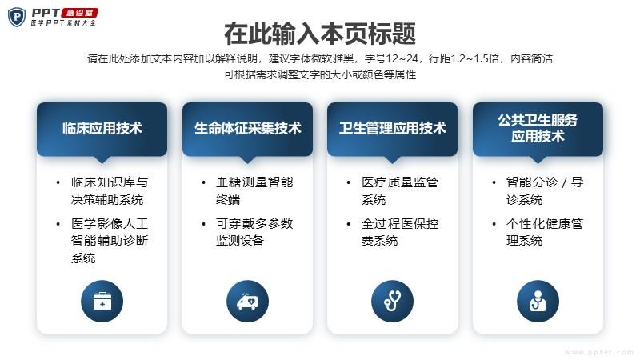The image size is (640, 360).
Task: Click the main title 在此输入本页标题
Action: point(320,34)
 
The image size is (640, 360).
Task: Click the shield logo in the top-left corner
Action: point(17,17)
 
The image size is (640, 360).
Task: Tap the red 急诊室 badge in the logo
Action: point(79,13)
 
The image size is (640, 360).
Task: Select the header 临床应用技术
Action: point(102,128)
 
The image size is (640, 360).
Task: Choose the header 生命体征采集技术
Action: point(247,128)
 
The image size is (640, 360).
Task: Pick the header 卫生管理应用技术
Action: point(392,128)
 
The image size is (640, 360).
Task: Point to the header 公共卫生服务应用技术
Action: point(538,128)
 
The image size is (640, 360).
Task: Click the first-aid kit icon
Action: point(102,302)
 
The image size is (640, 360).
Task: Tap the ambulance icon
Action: point(247,302)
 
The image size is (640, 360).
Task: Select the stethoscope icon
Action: point(392,302)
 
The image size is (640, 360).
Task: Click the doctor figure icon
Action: point(538,302)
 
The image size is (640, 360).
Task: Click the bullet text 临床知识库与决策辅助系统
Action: point(110,190)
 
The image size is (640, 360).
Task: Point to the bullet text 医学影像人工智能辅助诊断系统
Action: point(110,241)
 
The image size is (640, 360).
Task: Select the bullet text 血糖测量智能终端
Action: point(254,190)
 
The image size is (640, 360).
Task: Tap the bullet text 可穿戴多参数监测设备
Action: point(254,232)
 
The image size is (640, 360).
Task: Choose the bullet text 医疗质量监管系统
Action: point(400,190)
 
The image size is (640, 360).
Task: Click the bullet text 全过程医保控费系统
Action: point(400,232)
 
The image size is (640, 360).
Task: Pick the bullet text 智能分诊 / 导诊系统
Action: point(545,190)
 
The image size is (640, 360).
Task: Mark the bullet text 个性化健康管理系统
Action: point(545,232)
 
